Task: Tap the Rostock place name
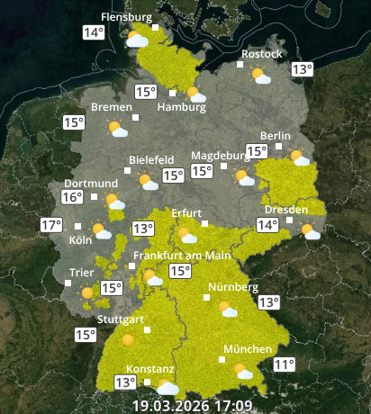(x=261, y=54)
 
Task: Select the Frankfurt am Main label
(x=183, y=256)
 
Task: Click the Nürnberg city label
(x=233, y=288)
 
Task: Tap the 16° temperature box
(x=72, y=197)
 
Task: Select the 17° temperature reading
(x=51, y=225)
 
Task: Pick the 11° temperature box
(x=285, y=364)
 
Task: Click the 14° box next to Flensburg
(x=94, y=32)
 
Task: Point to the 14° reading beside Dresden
(x=268, y=225)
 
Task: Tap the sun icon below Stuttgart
(x=127, y=339)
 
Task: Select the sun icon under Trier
(x=87, y=292)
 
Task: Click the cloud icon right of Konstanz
(x=167, y=387)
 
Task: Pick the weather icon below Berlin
(x=299, y=158)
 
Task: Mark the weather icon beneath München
(x=243, y=370)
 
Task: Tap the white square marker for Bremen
(x=136, y=117)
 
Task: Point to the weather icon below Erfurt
(x=187, y=236)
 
